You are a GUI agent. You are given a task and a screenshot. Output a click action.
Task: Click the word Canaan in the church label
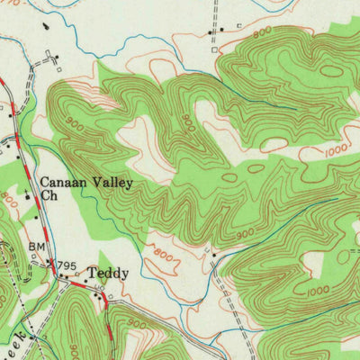(61, 184)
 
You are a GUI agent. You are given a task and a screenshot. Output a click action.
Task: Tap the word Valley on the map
(112, 184)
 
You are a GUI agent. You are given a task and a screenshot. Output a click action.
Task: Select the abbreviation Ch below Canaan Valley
(47, 200)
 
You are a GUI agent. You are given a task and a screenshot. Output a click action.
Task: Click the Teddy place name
(108, 273)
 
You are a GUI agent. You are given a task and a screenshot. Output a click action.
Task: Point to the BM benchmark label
(36, 246)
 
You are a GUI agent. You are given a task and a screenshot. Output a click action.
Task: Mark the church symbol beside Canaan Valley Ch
(28, 196)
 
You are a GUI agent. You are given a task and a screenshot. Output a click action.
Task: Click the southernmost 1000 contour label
(317, 292)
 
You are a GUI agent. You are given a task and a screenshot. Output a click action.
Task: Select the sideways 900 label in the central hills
(187, 119)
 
